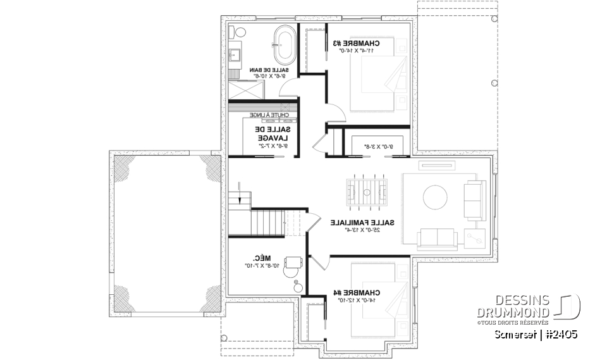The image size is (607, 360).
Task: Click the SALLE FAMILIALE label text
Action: coord(363,223)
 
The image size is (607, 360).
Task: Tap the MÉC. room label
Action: coord(259,258)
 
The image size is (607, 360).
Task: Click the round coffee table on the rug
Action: coord(434,197)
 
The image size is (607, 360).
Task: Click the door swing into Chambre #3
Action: coord(336,113)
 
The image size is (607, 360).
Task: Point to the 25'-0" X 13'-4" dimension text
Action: coord(364,230)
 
